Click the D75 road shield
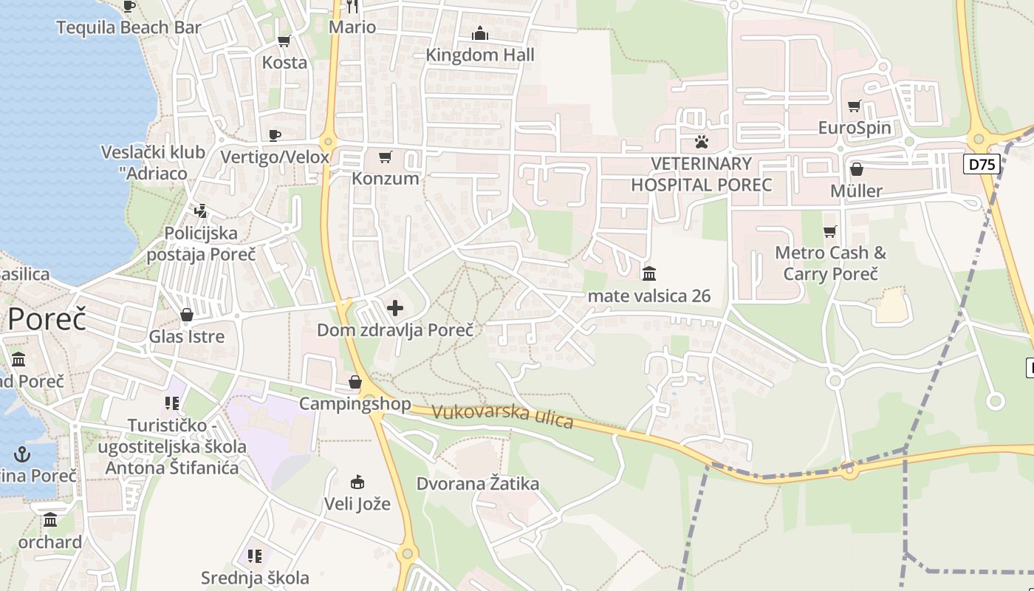click(x=982, y=164)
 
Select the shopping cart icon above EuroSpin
click(x=855, y=106)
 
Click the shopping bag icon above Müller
click(x=857, y=169)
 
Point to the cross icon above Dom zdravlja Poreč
click(x=395, y=307)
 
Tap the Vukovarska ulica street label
click(x=502, y=415)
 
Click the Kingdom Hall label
click(x=480, y=55)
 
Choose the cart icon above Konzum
click(x=385, y=157)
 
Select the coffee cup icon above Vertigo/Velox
click(x=275, y=134)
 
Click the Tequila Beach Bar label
click(x=129, y=27)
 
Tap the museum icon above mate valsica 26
click(x=649, y=274)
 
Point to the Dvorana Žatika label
click(x=478, y=484)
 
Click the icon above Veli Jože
click(x=357, y=482)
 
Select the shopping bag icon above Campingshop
click(x=355, y=382)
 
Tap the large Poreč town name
click(x=47, y=319)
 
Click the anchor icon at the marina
click(x=23, y=453)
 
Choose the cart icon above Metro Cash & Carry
click(x=830, y=231)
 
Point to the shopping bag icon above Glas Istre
click(x=187, y=315)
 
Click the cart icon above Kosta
click(x=284, y=41)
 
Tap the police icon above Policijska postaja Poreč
click(x=200, y=211)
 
